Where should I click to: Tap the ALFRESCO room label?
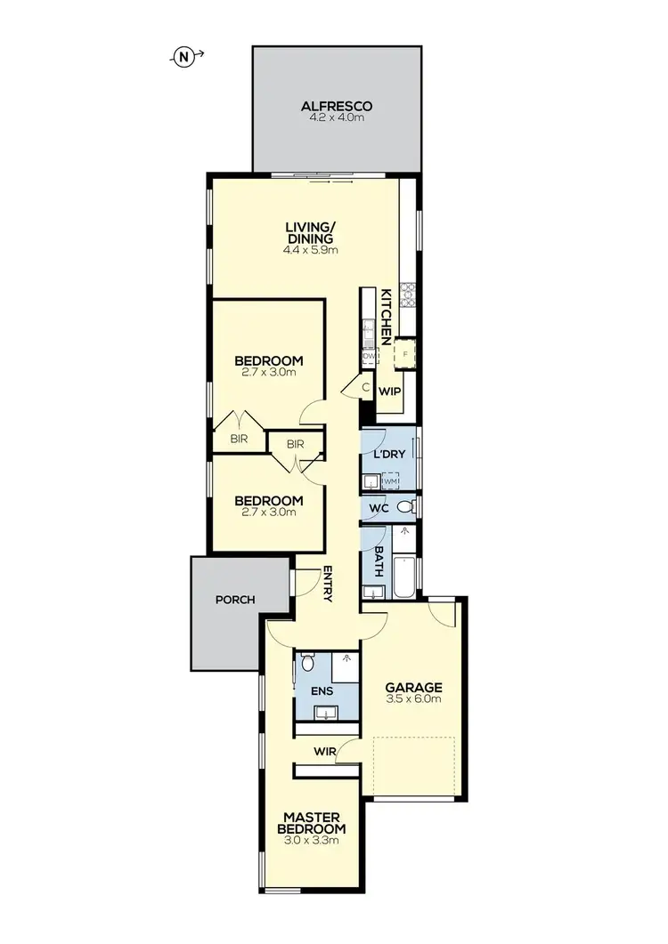[336, 107]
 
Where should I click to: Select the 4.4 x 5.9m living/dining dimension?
[309, 250]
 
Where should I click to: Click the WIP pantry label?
[388, 391]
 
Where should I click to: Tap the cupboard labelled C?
[366, 387]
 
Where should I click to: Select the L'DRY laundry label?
[389, 454]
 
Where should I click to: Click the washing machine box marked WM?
[389, 481]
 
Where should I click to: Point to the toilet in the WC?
[405, 507]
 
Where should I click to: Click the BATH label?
[377, 562]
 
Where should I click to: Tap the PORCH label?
[235, 600]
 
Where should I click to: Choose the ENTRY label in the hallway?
[328, 584]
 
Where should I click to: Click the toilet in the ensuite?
[307, 663]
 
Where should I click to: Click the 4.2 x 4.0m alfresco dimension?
[336, 119]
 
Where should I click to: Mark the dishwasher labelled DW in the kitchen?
[368, 356]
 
